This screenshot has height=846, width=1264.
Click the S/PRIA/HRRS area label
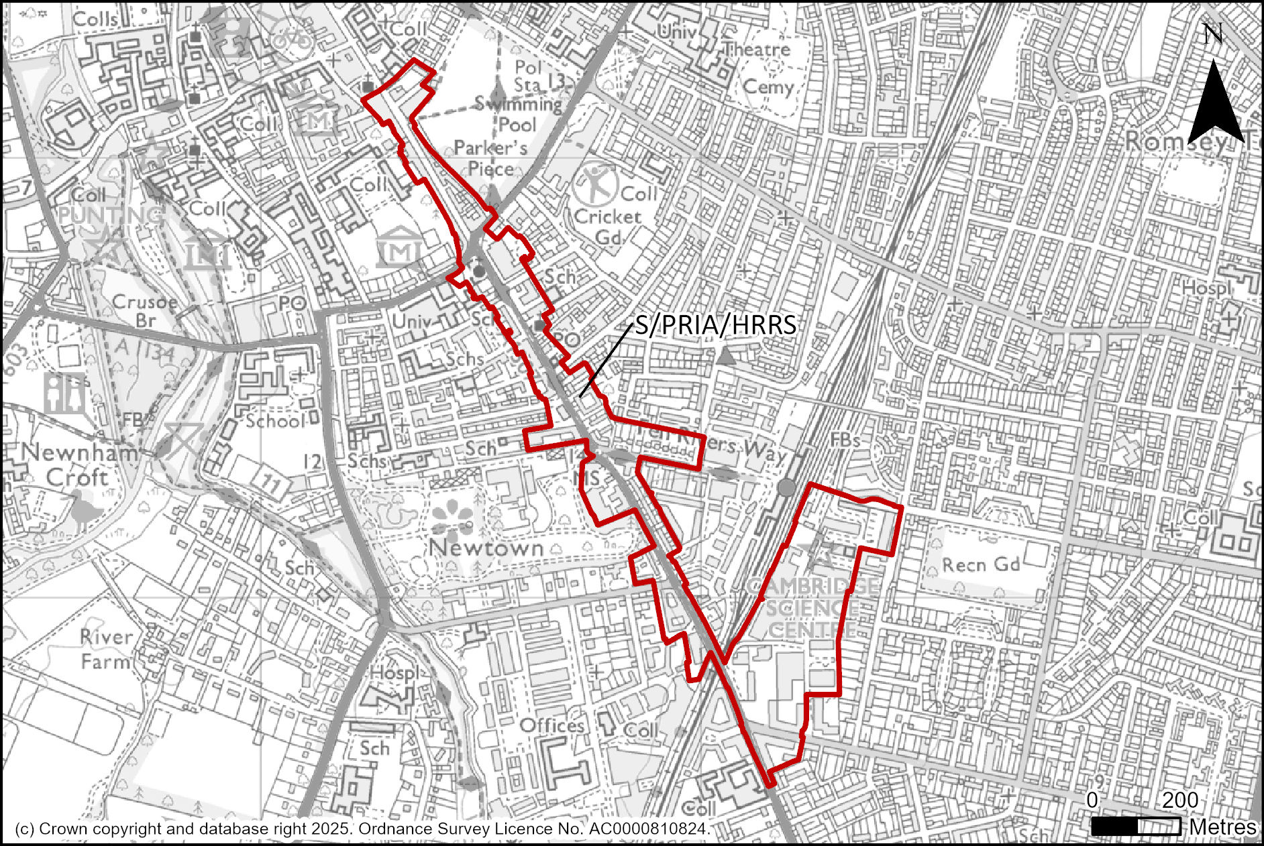click(715, 325)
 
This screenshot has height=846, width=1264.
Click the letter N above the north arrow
click(1212, 34)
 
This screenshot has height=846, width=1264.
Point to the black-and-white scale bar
click(1135, 826)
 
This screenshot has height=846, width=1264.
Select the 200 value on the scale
click(1180, 800)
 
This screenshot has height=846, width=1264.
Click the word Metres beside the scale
click(1222, 827)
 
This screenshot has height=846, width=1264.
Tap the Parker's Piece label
click(490, 158)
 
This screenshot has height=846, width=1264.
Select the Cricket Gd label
click(608, 227)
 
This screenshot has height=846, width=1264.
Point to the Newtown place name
click(486, 548)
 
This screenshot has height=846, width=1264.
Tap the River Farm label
click(105, 648)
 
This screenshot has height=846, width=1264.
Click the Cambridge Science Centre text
click(812, 607)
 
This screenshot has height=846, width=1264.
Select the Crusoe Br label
click(144, 310)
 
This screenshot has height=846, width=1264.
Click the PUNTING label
click(111, 215)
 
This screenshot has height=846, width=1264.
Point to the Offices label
click(551, 725)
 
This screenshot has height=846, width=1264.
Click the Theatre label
click(757, 50)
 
